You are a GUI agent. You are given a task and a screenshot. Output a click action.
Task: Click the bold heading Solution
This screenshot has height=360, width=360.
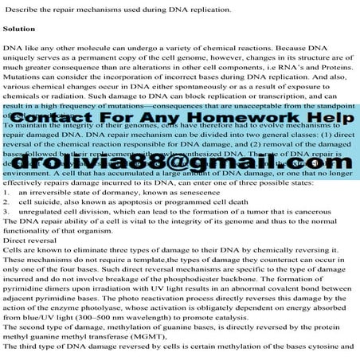(19, 28)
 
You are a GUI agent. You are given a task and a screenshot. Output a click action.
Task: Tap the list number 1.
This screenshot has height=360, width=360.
(6, 193)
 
